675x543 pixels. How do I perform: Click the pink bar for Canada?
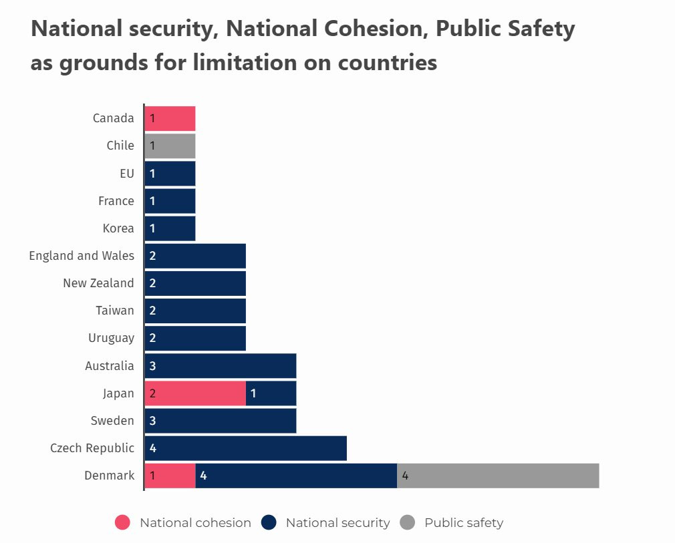170,118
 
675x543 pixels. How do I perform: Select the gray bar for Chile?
170,146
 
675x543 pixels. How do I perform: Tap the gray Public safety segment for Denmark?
498,476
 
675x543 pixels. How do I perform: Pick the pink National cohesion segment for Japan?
195,393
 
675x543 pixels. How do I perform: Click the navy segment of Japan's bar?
271,393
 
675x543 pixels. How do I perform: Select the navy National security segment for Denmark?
296,476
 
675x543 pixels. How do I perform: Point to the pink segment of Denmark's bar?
170,476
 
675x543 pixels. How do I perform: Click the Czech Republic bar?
245,448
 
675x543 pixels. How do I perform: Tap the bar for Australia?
221,366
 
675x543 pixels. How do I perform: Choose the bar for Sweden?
221,421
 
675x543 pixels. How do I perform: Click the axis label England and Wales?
82,256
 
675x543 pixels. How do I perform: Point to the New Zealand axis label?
98,283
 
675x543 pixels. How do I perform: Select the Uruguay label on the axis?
111,338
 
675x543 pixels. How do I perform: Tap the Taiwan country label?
114,311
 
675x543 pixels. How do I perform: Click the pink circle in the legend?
122,523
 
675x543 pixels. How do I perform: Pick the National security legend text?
337,523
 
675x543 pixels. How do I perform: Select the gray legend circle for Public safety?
408,523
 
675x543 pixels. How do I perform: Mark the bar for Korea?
170,228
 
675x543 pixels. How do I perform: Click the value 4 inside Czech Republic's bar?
152,448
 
